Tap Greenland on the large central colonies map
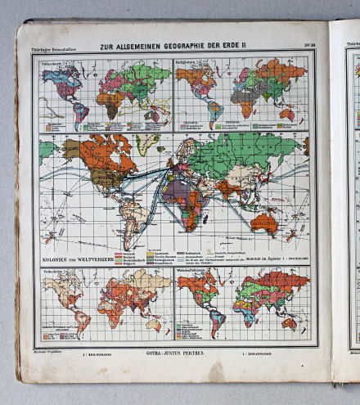coord(146,146)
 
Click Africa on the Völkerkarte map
coord(107,101)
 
